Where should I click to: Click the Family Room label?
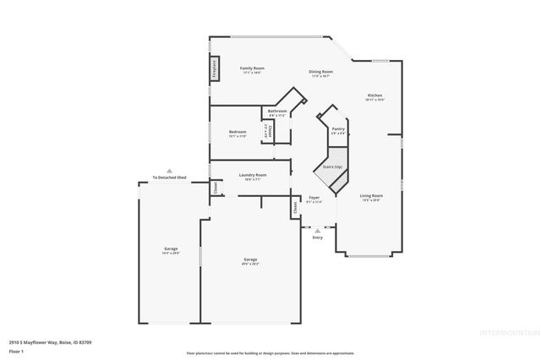tap(252, 68)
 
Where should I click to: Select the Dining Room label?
tap(320, 72)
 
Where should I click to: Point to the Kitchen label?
tap(374, 95)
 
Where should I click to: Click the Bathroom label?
tap(277, 112)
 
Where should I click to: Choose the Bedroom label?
tap(238, 132)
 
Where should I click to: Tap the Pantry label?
tap(338, 129)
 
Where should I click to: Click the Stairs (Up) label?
tap(333, 167)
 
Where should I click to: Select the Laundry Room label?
tap(252, 175)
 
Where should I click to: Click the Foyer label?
tap(314, 198)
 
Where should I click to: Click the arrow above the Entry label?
tap(318, 230)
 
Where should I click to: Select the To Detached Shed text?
tap(169, 177)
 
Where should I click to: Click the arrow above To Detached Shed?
tap(169, 170)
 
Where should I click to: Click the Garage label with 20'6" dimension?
tap(250, 259)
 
